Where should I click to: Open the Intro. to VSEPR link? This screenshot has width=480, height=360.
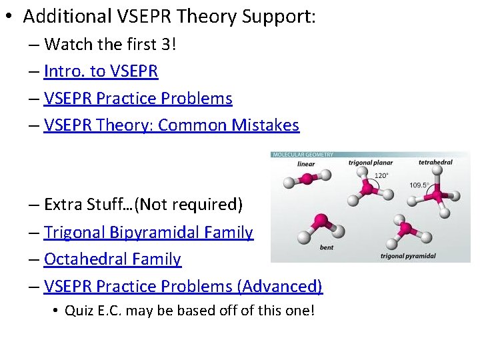tap(101, 71)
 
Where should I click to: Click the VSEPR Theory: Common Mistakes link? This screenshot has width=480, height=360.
tap(171, 125)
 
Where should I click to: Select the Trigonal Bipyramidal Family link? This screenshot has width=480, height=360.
tap(148, 233)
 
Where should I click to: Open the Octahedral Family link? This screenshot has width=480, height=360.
tap(112, 259)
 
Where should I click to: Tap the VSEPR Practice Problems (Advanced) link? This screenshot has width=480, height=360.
tap(183, 287)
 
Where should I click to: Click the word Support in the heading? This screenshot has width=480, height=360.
tap(278, 16)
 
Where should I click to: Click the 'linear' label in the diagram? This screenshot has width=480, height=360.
tap(306, 163)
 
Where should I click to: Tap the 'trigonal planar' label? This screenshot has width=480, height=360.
tap(370, 163)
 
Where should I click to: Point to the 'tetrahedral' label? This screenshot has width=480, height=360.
tap(435, 163)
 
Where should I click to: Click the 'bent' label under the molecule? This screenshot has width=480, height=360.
tap(327, 247)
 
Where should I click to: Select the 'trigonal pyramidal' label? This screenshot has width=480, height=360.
tap(408, 255)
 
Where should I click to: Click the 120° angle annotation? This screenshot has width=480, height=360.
tap(381, 176)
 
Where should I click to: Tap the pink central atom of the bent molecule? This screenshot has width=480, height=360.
tap(320, 221)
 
